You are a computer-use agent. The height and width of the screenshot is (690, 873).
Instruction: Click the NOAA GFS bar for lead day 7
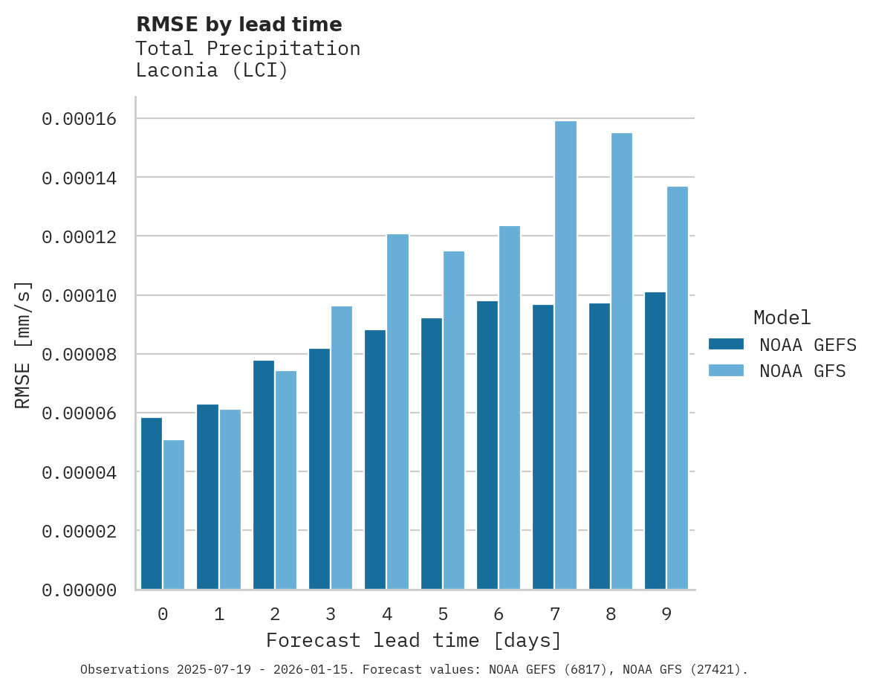[x=565, y=355]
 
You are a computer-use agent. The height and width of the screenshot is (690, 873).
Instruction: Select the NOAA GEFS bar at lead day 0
[x=152, y=503]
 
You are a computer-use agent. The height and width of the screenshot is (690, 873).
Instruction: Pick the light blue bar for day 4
[x=397, y=412]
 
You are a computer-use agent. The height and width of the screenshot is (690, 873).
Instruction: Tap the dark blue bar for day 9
[x=655, y=441]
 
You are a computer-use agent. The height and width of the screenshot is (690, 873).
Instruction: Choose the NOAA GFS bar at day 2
[x=286, y=480]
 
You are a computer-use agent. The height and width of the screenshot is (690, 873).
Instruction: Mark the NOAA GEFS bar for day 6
[x=487, y=445]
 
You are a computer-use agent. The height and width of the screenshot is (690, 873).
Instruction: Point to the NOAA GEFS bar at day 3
[x=319, y=469]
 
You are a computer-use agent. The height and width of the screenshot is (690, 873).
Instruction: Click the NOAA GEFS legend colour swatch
[x=726, y=344]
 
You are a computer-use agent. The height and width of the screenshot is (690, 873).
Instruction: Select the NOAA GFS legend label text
[x=802, y=371]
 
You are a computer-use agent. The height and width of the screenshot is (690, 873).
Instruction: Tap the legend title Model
[x=782, y=317]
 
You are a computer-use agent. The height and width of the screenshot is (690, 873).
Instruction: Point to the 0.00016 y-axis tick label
[x=79, y=119]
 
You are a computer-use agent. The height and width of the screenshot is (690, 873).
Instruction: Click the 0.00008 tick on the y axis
[x=79, y=355]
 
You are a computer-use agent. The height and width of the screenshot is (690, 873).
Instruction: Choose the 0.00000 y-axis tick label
[x=79, y=590]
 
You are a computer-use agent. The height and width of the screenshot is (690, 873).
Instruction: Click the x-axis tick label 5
[x=443, y=614]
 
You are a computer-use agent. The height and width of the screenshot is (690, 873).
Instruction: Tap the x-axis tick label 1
[x=219, y=614]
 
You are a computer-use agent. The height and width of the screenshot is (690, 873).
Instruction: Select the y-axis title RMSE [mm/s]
[x=24, y=344]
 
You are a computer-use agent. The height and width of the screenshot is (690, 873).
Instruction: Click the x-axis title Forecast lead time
[x=414, y=640]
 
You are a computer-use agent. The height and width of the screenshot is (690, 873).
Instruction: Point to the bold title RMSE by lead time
[x=239, y=25]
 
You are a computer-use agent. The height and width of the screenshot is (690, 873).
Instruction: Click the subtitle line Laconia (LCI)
[x=212, y=71]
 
